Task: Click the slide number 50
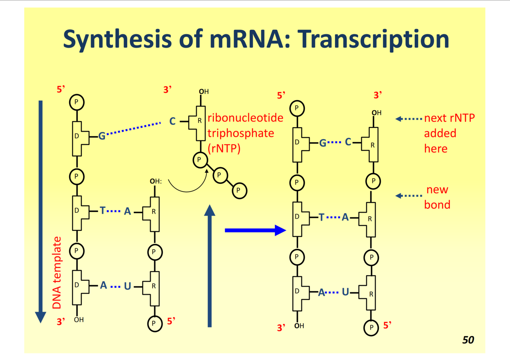pyautogui.click(x=468, y=340)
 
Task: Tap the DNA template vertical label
pyautogui.click(x=57, y=273)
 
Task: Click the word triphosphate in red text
pyautogui.click(x=241, y=133)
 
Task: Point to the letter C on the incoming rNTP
pyautogui.click(x=172, y=122)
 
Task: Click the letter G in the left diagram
pyautogui.click(x=102, y=136)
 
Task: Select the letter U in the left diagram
pyautogui.click(x=127, y=286)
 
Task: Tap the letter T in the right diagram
pyautogui.click(x=321, y=217)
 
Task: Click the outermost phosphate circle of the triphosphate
pyautogui.click(x=239, y=190)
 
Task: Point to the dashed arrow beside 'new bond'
pyautogui.click(x=409, y=196)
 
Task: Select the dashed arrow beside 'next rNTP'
pyautogui.click(x=409, y=119)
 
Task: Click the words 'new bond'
pyautogui.click(x=437, y=197)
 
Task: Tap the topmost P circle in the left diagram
pyautogui.click(x=76, y=102)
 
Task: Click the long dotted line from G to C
pyautogui.click(x=134, y=129)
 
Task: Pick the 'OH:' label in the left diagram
pyautogui.click(x=155, y=181)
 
